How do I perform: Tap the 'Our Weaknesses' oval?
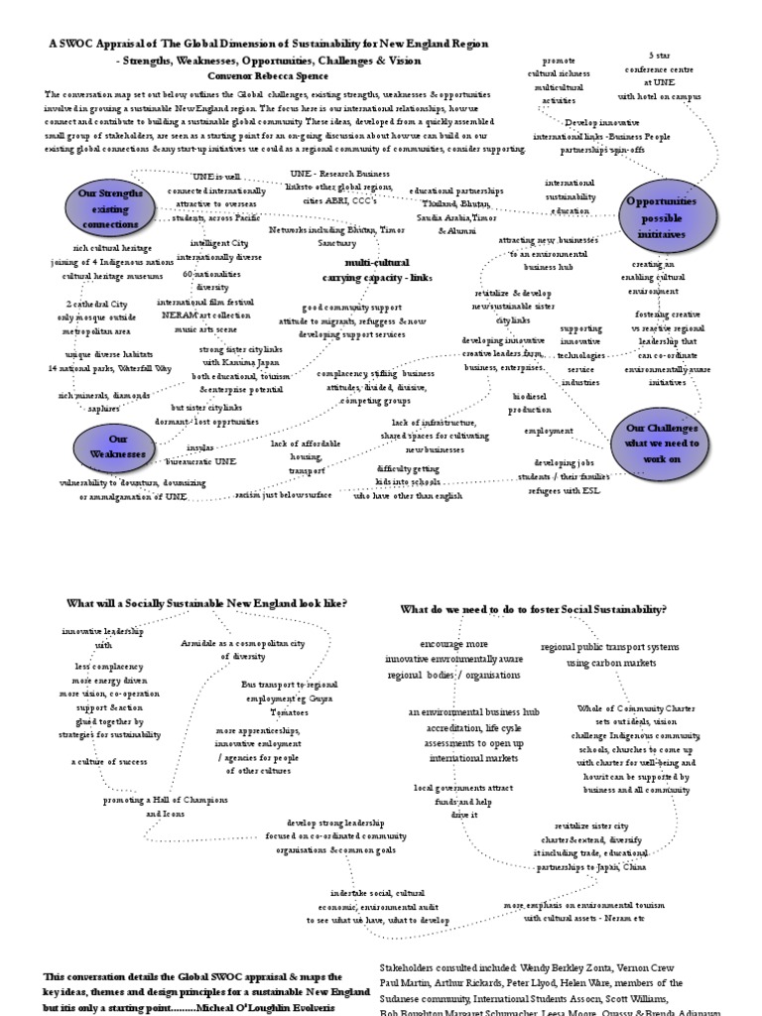click(118, 446)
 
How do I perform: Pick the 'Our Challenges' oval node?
click(662, 443)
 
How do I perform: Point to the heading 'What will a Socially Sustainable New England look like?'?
click(206, 602)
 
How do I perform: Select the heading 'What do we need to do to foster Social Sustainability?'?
click(533, 609)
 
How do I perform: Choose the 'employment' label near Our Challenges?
click(549, 431)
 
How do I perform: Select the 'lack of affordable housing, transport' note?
click(307, 456)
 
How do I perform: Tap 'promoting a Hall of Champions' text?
click(166, 800)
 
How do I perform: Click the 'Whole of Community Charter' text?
click(636, 708)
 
